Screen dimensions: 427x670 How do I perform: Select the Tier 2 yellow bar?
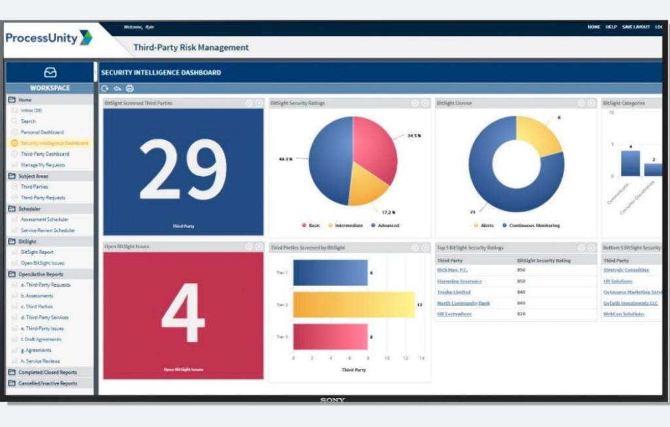[x=353, y=305]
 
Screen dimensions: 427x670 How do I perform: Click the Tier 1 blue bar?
[x=330, y=272]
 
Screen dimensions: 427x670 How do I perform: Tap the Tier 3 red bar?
[x=330, y=337]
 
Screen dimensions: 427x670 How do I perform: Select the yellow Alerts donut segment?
[x=540, y=134]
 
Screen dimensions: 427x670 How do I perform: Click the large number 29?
[x=183, y=170]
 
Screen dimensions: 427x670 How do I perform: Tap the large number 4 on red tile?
[x=183, y=313]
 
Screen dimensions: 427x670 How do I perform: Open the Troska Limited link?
[x=453, y=292]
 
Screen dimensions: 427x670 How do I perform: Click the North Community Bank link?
[x=463, y=303]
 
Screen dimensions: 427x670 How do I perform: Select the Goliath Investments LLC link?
[x=630, y=303]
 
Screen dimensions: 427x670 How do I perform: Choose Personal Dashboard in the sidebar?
[x=42, y=132]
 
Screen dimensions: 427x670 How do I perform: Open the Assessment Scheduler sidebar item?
[x=44, y=219]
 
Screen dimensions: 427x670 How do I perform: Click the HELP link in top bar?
[x=611, y=27]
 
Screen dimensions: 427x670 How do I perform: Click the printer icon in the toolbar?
[x=130, y=88]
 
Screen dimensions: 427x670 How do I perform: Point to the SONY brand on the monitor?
[x=332, y=399]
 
